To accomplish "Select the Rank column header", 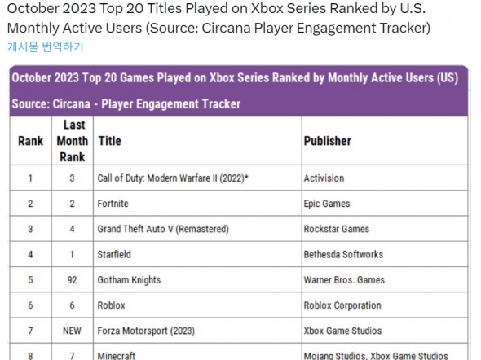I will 30,141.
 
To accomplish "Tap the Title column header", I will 109,141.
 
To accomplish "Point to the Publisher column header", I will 328,141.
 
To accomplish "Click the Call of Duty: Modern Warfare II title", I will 172,178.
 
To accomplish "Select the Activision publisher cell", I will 324,178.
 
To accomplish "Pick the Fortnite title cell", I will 114,204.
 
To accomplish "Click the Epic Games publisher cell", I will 328,204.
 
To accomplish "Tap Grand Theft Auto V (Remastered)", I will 162,229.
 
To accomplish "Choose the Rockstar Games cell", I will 336,229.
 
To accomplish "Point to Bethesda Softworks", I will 343,254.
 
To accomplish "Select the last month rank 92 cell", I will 73,280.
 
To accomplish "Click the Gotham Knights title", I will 129,280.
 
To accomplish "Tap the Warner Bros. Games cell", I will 343,280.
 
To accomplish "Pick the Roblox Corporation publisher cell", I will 342,305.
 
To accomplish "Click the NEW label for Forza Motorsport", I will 73,331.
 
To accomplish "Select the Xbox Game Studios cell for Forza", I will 342,331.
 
